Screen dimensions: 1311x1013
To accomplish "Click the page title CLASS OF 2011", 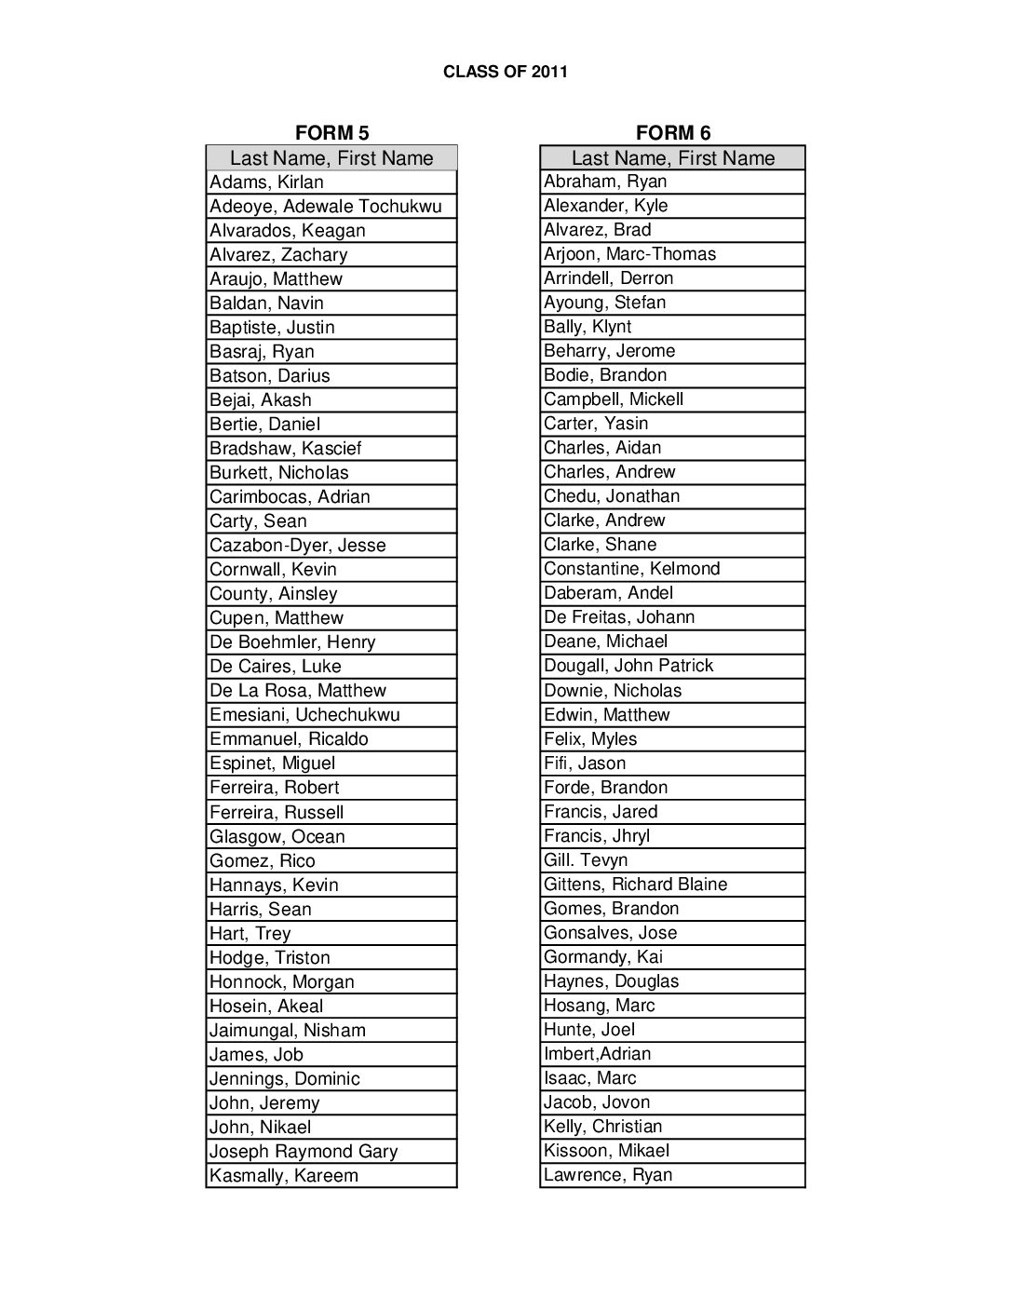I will click(x=506, y=72).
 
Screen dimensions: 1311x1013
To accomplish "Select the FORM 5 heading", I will click(x=331, y=133).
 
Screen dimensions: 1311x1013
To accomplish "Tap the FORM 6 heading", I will click(x=673, y=133).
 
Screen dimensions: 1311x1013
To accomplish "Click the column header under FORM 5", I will click(x=331, y=158).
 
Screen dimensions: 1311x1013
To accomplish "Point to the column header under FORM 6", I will click(x=673, y=158).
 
